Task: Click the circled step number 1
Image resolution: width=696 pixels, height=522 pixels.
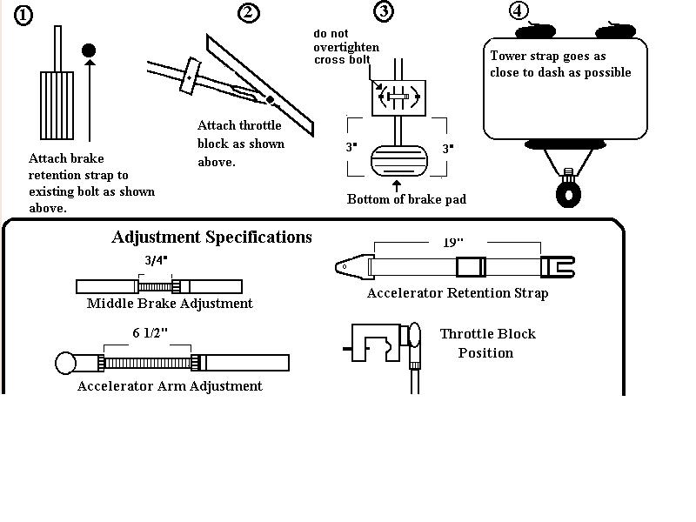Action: [x=23, y=15]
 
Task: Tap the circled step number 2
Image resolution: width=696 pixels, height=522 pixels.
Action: [x=249, y=12]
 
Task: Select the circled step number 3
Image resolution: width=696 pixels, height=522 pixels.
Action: [x=383, y=11]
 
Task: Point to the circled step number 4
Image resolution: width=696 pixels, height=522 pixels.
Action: [x=519, y=11]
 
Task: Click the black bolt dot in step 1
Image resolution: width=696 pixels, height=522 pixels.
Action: [x=89, y=50]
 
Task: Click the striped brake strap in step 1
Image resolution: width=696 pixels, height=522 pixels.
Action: [x=57, y=104]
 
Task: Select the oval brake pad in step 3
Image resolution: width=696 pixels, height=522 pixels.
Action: [x=399, y=162]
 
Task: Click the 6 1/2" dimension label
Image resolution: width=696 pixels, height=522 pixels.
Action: [x=149, y=333]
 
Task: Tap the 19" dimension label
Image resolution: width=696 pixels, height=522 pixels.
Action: [x=452, y=244]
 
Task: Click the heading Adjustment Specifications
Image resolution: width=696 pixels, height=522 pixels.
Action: [x=211, y=237]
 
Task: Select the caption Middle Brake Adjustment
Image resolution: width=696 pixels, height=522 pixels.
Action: [x=170, y=304]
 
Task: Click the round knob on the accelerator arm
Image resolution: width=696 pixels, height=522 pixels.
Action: [x=66, y=362]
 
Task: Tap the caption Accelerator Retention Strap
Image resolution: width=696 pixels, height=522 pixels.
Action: [x=458, y=293]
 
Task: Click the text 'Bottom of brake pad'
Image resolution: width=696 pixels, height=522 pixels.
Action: [x=406, y=199]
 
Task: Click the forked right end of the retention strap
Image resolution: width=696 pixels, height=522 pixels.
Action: [x=558, y=265]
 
